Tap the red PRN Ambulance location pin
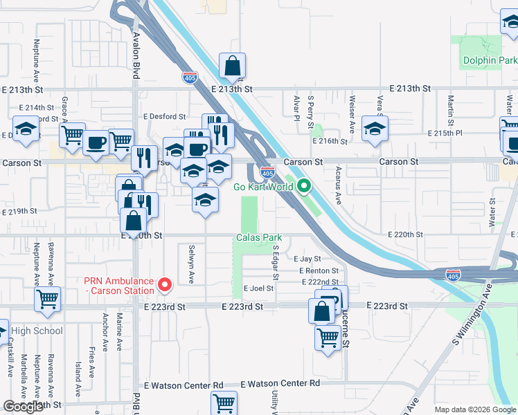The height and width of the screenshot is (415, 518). pyautogui.click(x=165, y=284)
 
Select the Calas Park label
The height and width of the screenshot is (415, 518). pyautogui.click(x=258, y=237)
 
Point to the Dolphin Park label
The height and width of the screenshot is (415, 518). pyautogui.click(x=490, y=61)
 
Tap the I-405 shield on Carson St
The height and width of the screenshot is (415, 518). pyautogui.click(x=267, y=171)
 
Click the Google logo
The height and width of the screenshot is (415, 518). pyautogui.click(x=23, y=407)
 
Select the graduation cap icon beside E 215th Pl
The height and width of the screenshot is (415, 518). pyautogui.click(x=375, y=128)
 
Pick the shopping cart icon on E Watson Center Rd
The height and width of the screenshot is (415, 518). pyautogui.click(x=224, y=402)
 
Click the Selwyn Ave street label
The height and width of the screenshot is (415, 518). pyautogui.click(x=192, y=264)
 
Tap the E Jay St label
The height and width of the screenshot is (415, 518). pyautogui.click(x=305, y=259)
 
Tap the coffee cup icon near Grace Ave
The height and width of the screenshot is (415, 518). pyautogui.click(x=95, y=142)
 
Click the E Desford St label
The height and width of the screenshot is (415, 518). pyautogui.click(x=164, y=118)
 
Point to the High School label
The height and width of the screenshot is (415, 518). pyautogui.click(x=36, y=331)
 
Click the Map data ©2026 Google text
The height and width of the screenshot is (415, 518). pyautogui.click(x=474, y=409)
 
